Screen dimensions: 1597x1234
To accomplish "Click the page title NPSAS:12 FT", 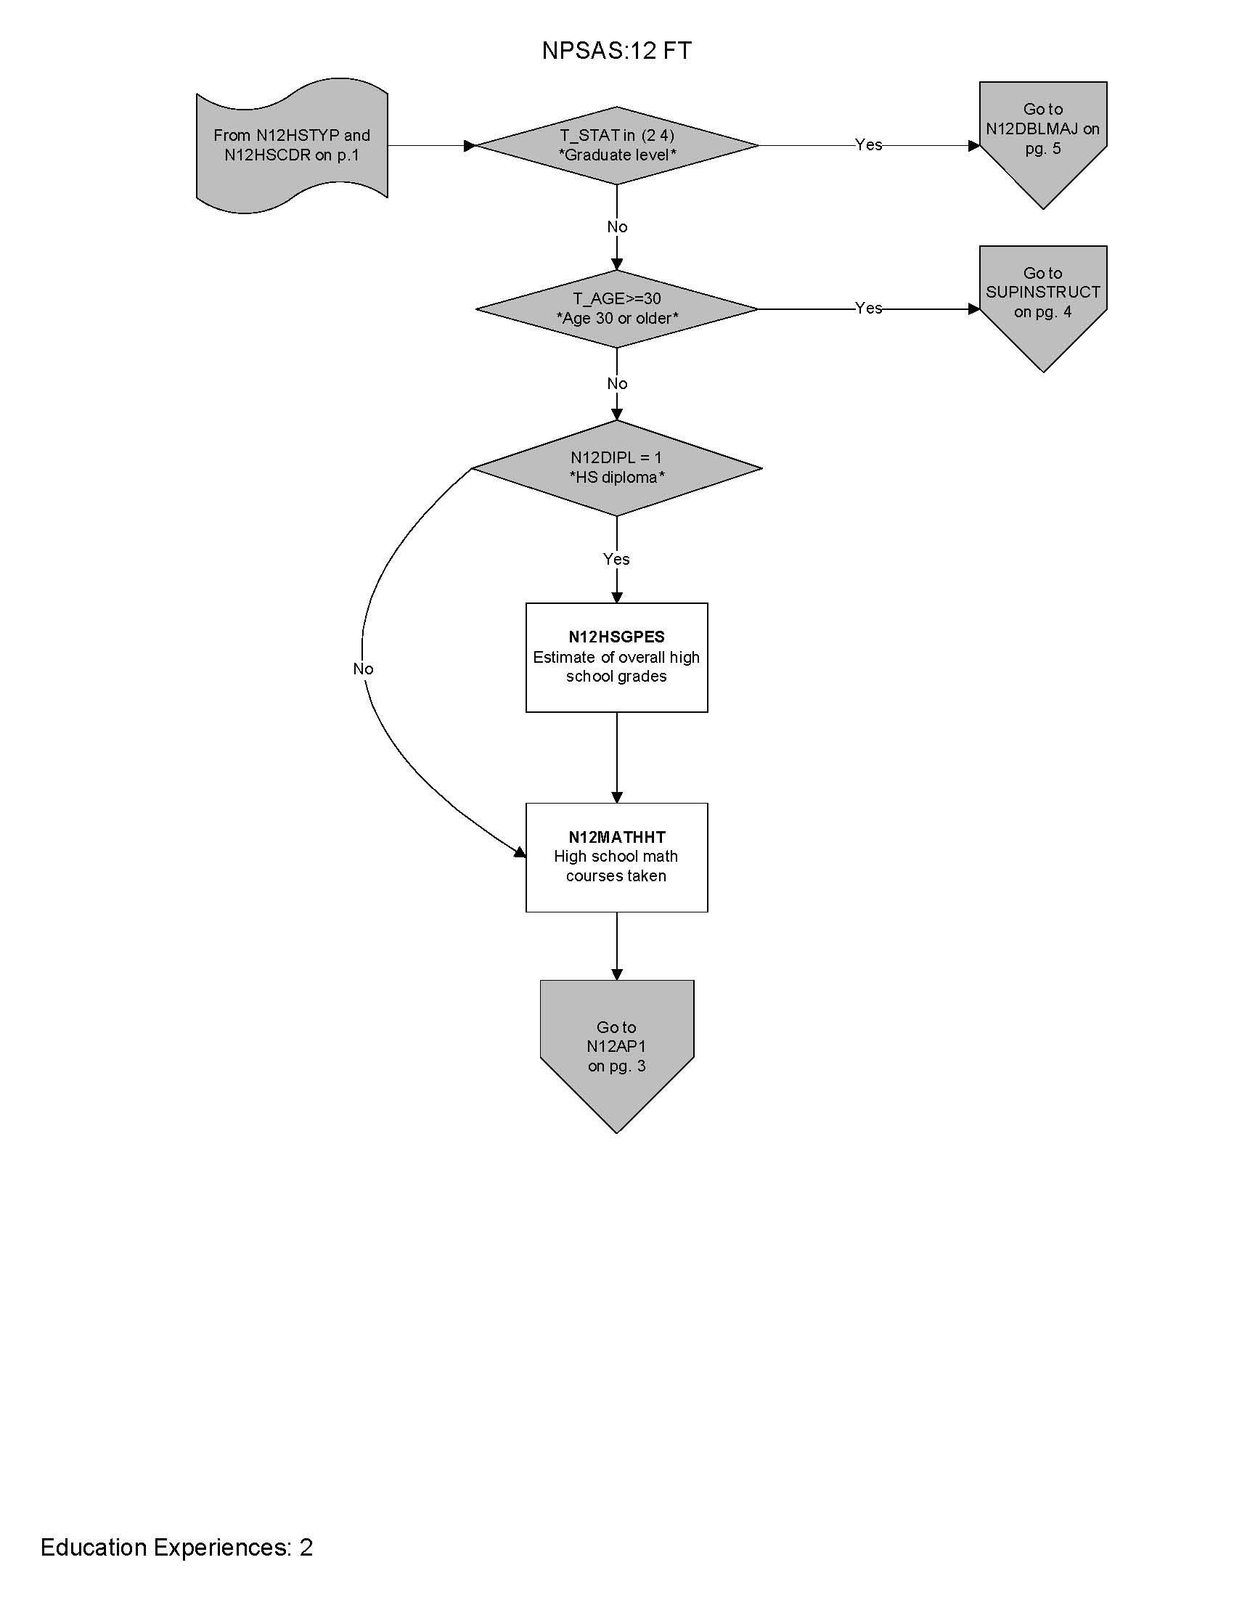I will [x=616, y=51].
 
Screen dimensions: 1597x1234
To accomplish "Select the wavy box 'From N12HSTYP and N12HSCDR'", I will [x=292, y=145].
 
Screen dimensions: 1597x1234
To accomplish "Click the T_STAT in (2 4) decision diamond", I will [x=617, y=145].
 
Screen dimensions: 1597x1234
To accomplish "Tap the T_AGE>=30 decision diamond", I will [x=617, y=309].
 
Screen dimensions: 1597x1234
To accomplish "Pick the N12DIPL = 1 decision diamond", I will [x=617, y=468].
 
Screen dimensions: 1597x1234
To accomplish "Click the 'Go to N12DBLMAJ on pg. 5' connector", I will [x=1042, y=139].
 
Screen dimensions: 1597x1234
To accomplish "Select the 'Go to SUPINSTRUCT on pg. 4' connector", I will [x=1042, y=301].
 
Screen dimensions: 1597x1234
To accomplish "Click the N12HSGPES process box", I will [x=616, y=658].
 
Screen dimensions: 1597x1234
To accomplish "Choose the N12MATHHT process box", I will [x=616, y=857].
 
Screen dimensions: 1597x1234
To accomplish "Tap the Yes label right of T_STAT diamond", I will [x=868, y=144].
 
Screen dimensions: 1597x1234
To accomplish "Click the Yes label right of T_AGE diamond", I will [x=868, y=308].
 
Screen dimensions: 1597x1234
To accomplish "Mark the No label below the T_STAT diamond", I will [x=617, y=226].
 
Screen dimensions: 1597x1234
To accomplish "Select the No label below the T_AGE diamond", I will [x=617, y=383].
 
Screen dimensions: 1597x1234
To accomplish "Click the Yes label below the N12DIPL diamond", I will [x=616, y=559].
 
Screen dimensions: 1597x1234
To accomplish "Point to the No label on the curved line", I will [x=363, y=669].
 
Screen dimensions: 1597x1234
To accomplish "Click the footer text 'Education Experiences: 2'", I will [x=177, y=1548].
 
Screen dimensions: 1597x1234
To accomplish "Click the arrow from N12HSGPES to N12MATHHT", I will [x=616, y=758].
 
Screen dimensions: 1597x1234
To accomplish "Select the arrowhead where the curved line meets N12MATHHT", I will [x=520, y=852].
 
